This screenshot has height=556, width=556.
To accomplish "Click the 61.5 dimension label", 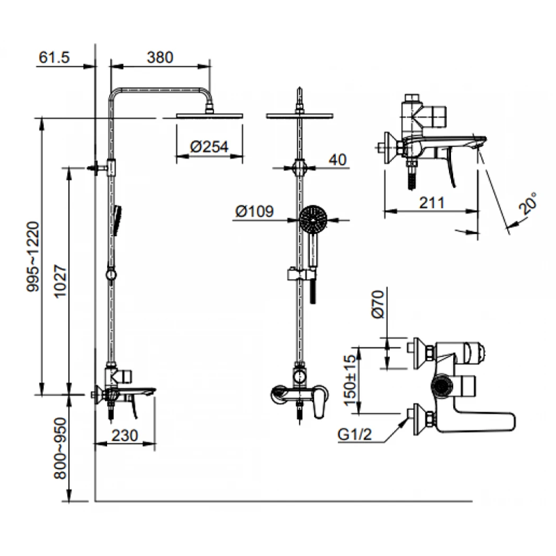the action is pos(54,58).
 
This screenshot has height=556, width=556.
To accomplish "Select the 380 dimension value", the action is pos(160,58).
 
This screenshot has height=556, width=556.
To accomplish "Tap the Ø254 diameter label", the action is pos(209,147).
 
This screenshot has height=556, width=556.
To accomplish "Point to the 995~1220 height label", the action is pos(33,256).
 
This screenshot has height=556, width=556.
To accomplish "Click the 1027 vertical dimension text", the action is pos(60,281).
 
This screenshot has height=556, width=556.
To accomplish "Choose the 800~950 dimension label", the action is pos(60,448).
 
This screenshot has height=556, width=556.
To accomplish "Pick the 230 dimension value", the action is pos(124,436).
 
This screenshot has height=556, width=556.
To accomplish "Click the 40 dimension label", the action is pos(337,160).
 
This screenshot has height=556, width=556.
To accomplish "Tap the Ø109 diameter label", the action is pos(254,212).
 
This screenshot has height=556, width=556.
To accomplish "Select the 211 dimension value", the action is pos(432,203).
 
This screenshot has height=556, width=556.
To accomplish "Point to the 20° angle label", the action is pos(528,203).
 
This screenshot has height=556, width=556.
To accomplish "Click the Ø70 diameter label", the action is pos(378,304).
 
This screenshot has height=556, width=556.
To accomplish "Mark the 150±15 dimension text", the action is pos(350,379).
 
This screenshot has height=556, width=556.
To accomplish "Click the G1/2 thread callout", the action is pos(354,435).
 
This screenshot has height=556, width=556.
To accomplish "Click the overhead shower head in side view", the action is pos(210,115).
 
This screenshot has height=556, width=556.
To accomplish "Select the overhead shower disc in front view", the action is pos(300,115).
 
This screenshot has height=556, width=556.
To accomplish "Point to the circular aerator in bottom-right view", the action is pos(442,386).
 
